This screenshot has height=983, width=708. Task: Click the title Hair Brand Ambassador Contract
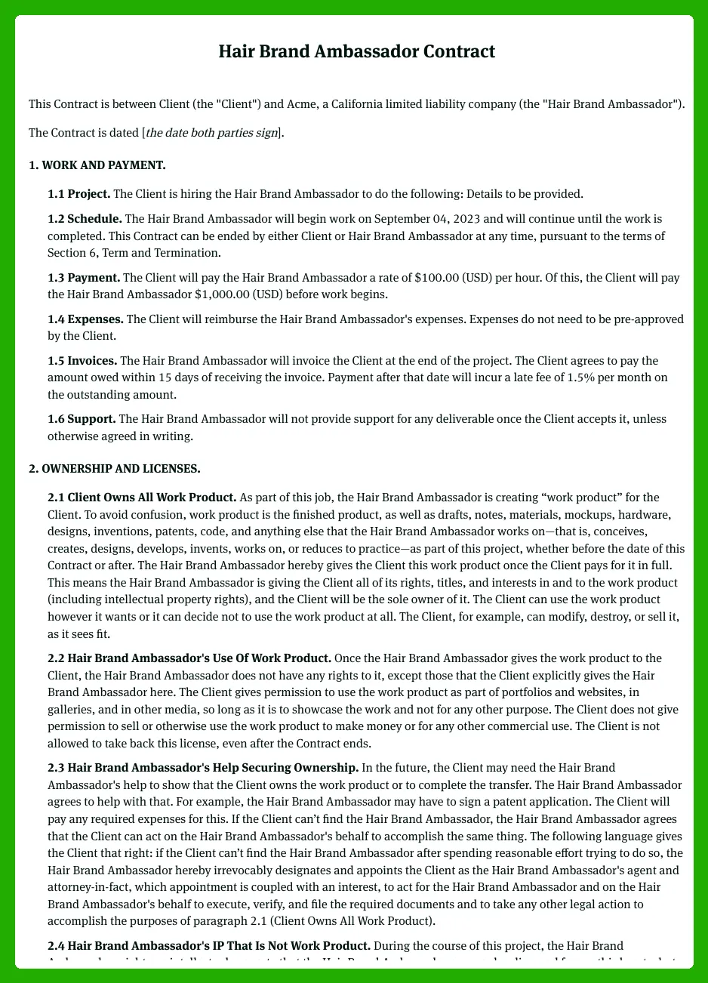click(x=356, y=51)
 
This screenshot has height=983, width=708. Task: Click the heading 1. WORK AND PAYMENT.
click(x=97, y=165)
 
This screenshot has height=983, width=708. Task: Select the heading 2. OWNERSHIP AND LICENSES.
click(x=114, y=469)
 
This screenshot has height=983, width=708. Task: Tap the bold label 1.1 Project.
click(x=78, y=194)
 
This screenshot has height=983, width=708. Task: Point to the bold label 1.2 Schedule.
click(x=85, y=219)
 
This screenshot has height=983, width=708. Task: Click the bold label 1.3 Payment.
click(x=84, y=278)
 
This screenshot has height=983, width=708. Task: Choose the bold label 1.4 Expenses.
click(x=86, y=319)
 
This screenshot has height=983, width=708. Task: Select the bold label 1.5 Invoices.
click(x=82, y=361)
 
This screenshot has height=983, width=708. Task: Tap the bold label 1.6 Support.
click(x=82, y=418)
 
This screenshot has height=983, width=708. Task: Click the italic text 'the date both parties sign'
click(x=211, y=134)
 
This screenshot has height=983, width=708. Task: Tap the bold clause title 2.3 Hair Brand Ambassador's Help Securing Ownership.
click(x=203, y=768)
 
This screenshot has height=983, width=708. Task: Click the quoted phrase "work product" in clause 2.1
click(x=556, y=498)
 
